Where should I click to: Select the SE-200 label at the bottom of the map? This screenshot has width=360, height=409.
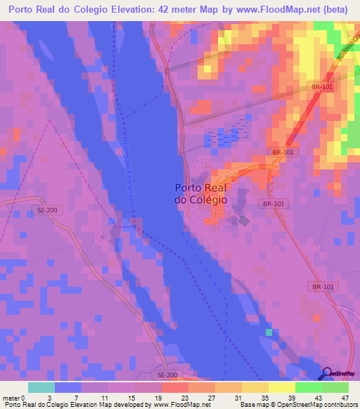(x=168, y=375)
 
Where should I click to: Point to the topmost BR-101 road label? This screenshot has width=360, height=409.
(x=320, y=86)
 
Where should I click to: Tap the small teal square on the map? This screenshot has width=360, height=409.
(x=268, y=332)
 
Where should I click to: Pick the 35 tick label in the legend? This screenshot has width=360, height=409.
(x=265, y=398)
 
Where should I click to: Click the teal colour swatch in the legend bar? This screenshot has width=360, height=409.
(x=41, y=387)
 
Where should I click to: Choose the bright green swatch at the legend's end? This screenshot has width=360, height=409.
(x=335, y=387)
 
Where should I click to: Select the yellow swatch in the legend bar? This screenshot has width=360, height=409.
(x=281, y=387)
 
